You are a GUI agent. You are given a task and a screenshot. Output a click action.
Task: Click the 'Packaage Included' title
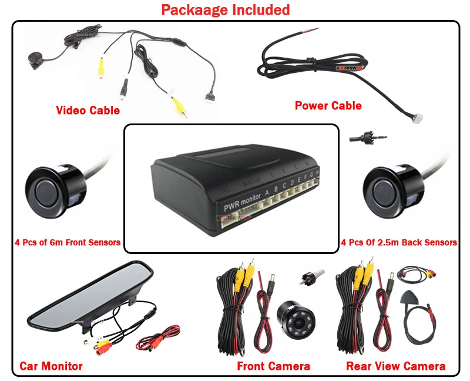click(x=225, y=10)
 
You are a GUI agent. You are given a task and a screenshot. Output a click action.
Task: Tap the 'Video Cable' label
click(x=88, y=110)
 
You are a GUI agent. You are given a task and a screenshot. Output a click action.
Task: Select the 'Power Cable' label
click(x=328, y=106)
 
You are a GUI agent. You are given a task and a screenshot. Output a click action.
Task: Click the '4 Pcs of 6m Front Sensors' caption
click(x=68, y=242)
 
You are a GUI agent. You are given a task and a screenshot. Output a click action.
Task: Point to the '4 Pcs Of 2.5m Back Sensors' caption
click(x=399, y=242)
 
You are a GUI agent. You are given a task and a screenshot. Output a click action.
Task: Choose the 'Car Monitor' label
click(x=51, y=366)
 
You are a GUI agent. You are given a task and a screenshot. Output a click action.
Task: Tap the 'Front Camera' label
click(x=273, y=366)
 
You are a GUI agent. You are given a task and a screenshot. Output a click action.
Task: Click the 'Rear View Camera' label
click(x=395, y=366)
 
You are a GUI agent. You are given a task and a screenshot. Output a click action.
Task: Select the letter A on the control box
click(x=267, y=191)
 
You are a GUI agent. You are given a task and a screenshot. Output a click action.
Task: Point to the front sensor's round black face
click(x=51, y=189)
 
